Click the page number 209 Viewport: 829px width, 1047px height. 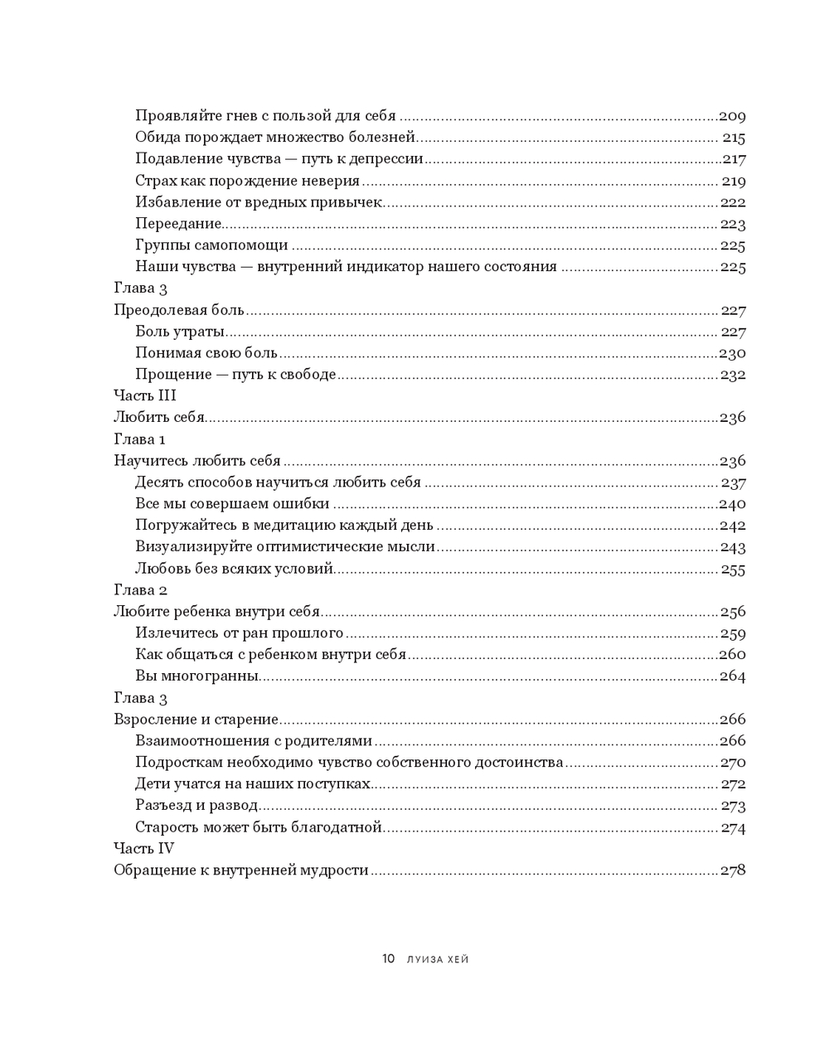[x=732, y=117]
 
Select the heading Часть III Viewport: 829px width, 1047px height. [x=144, y=395]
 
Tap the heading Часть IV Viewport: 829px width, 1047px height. [x=143, y=848]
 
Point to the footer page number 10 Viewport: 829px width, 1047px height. [x=388, y=959]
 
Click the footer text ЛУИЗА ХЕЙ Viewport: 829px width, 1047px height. [x=438, y=960]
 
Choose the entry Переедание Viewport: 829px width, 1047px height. [x=179, y=224]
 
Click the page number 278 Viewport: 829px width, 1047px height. [x=732, y=870]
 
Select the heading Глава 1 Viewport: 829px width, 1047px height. [x=140, y=439]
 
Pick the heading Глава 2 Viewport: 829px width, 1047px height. [x=140, y=590]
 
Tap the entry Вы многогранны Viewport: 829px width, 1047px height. [x=197, y=676]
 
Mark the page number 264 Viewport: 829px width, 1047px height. [x=732, y=676]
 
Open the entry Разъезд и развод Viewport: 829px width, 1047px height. [x=196, y=806]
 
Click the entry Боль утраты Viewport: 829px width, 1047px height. [x=180, y=332]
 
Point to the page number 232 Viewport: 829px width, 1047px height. [x=733, y=375]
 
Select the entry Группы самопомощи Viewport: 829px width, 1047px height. [x=211, y=245]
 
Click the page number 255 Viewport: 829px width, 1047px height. [x=733, y=570]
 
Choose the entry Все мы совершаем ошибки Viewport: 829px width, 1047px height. [x=232, y=504]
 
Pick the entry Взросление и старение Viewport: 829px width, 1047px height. [x=196, y=720]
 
